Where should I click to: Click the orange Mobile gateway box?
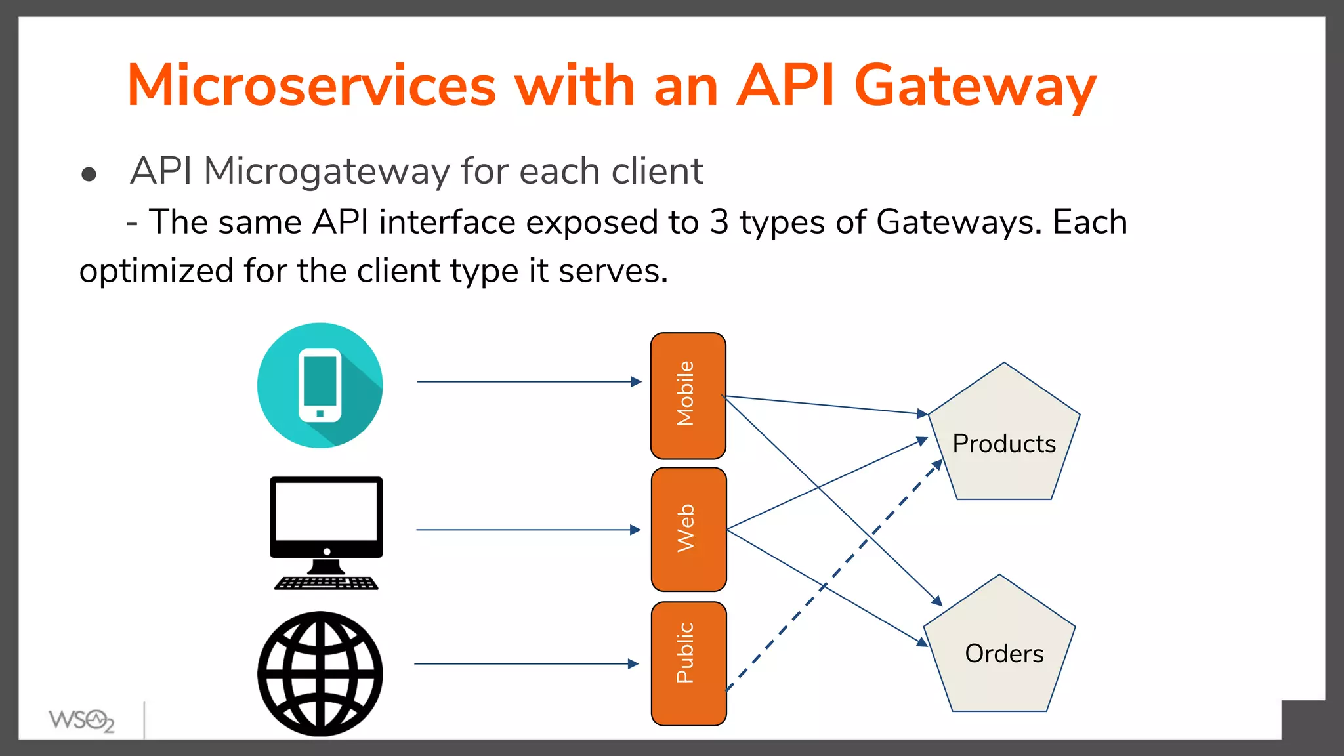[x=688, y=395]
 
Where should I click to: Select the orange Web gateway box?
[x=688, y=529]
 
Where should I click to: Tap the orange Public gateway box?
[x=688, y=663]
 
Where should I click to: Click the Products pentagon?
[x=1004, y=443]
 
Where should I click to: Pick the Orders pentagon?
[x=1000, y=653]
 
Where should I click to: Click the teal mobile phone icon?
[x=320, y=385]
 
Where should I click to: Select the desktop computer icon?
[x=326, y=518]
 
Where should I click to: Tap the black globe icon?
[x=320, y=673]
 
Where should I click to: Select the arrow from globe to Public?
[x=525, y=664]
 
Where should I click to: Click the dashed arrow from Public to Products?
[x=833, y=576]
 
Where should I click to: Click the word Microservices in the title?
[x=312, y=85]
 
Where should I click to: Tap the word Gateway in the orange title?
[x=975, y=85]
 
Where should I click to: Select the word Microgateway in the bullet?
[x=327, y=171]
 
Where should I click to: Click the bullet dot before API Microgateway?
[x=89, y=175]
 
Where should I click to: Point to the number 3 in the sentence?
[x=719, y=222]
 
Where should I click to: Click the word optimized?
[x=156, y=271]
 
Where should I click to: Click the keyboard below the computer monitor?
[x=326, y=583]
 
